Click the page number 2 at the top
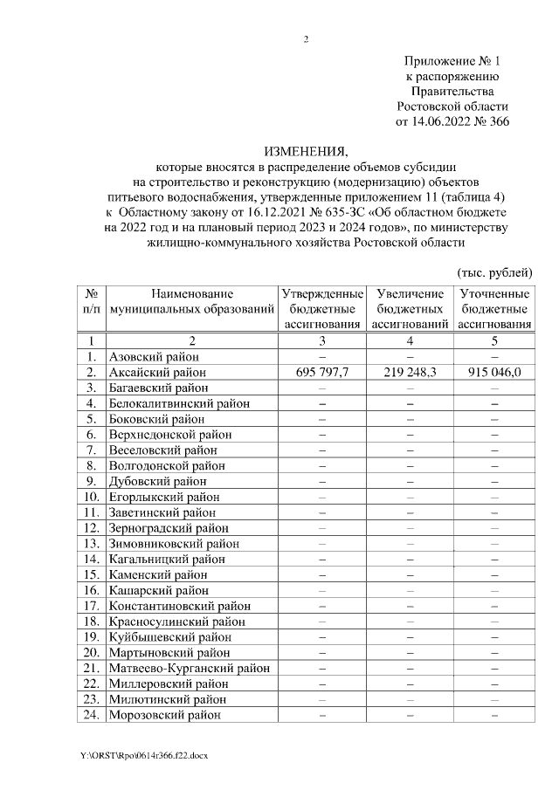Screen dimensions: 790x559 tap(306, 39)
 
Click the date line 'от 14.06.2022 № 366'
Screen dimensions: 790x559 tap(452, 121)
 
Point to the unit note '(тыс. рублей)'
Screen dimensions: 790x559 tap(494, 272)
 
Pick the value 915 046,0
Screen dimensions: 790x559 tap(493, 372)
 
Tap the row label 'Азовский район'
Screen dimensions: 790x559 tap(154, 357)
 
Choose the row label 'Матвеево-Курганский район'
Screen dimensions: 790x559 tap(188, 669)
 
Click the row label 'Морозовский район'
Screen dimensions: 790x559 tap(163, 715)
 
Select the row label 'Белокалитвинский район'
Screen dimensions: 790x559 tap(179, 403)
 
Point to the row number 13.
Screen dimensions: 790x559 tap(90, 544)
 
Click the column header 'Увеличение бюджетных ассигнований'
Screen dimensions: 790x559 tap(410, 309)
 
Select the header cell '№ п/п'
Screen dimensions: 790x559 tap(91, 302)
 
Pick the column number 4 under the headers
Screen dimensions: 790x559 tap(410, 340)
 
